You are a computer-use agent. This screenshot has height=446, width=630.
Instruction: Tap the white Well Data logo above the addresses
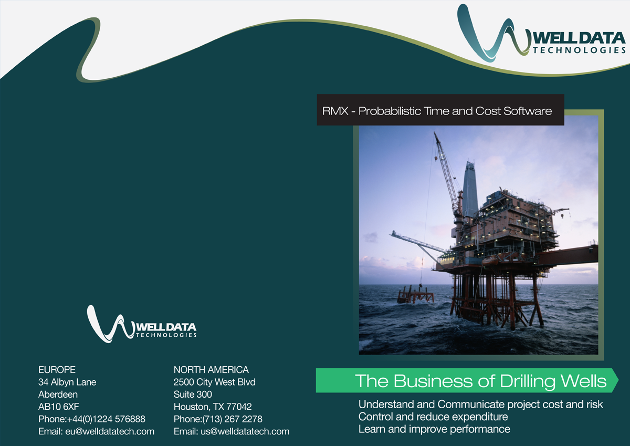point(142,324)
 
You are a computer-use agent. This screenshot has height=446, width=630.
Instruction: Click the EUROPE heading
point(57,370)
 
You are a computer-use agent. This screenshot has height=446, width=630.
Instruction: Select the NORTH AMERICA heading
point(211,370)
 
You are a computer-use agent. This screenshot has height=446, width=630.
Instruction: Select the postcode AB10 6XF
point(59,407)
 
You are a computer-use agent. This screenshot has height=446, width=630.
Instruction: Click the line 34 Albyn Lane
point(67,382)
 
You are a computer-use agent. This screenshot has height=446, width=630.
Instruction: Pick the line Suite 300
point(193,395)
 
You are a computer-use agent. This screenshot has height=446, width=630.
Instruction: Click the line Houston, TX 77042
point(213,407)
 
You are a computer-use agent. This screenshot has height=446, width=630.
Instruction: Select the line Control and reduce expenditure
point(433,417)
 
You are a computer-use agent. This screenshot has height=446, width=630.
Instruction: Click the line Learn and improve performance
point(434,429)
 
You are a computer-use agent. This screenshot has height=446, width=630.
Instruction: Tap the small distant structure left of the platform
point(415,295)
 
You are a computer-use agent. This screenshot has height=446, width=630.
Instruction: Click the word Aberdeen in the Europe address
point(58,395)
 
